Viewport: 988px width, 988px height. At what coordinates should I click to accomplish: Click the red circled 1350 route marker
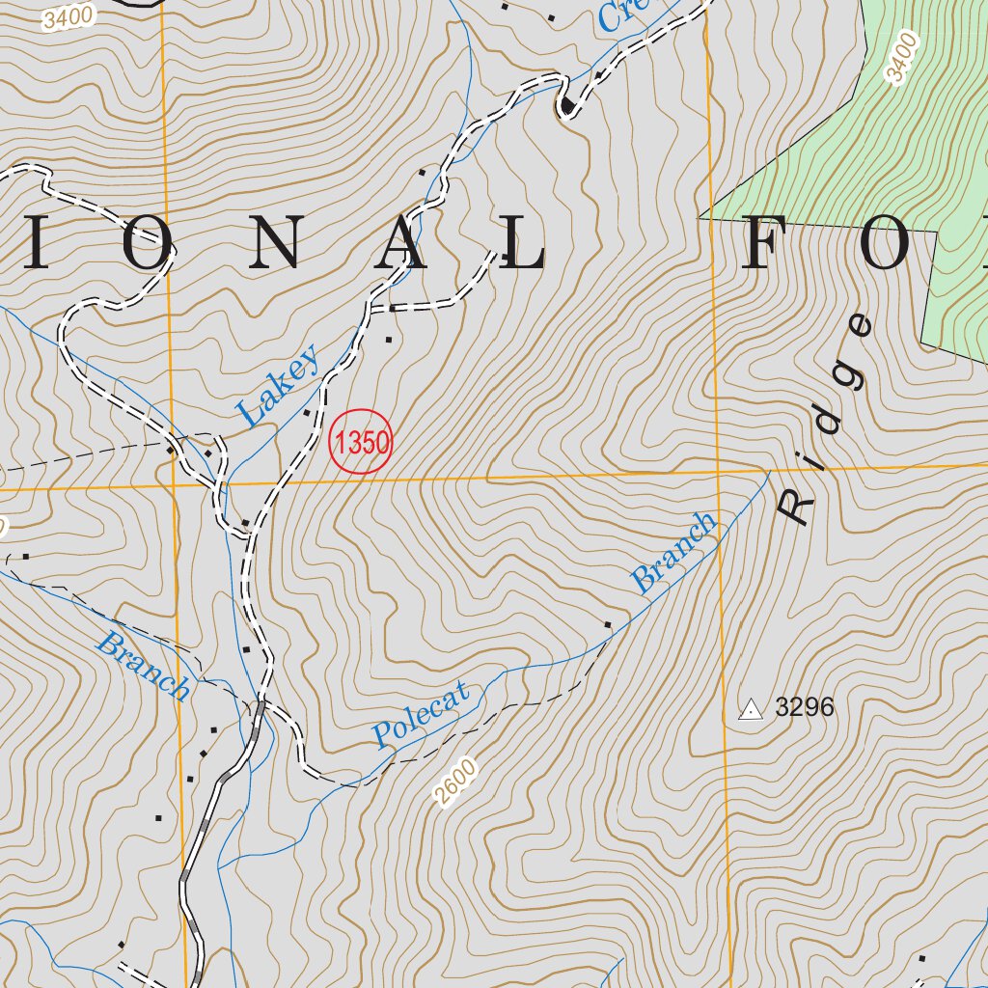coord(361,443)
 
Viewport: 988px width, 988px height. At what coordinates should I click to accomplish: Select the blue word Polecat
coord(422,714)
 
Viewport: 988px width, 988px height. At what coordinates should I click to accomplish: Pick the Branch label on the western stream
coord(143,666)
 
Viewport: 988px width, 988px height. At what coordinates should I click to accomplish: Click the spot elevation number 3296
coord(805,708)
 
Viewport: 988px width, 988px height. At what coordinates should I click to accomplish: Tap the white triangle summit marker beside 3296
coord(750,710)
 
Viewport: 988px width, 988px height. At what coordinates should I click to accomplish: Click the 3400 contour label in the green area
coord(900,56)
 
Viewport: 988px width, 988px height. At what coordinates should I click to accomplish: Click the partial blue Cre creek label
coord(620,13)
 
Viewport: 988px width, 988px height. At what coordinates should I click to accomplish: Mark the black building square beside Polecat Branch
coord(608,625)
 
